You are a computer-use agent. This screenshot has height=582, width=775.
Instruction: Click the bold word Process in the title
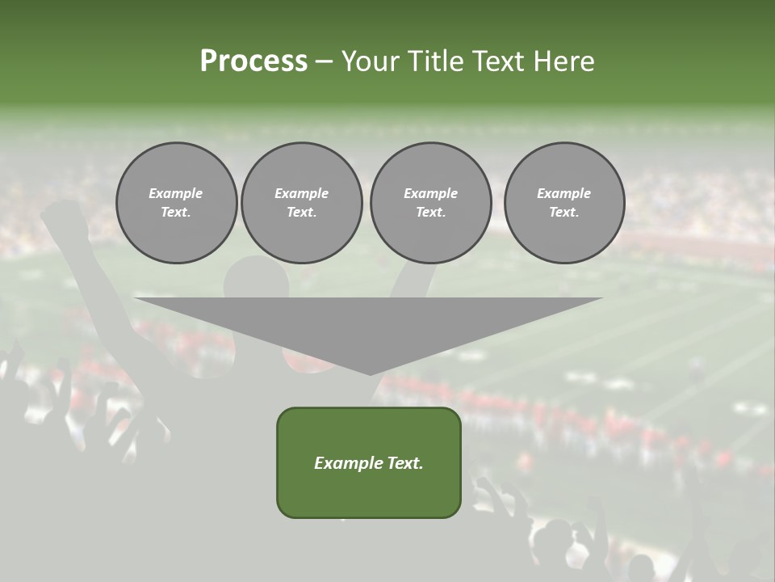point(253,61)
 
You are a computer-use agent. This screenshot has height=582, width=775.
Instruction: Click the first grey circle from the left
point(176,203)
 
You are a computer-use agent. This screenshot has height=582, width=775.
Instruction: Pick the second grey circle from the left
point(301,203)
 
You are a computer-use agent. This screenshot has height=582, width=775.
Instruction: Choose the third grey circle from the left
point(430,203)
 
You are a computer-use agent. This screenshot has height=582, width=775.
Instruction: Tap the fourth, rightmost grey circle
point(563,203)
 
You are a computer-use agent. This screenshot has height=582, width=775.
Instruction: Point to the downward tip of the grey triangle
point(369,373)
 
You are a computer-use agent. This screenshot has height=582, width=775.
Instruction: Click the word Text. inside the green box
point(405,463)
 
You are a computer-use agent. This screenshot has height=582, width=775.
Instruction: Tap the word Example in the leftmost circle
point(176,193)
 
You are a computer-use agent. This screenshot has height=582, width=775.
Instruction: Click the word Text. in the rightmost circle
point(563,213)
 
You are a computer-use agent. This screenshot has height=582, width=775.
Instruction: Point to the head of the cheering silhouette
point(256,279)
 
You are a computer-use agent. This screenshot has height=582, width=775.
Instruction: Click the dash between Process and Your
point(324,61)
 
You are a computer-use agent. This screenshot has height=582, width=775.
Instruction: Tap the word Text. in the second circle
point(301,213)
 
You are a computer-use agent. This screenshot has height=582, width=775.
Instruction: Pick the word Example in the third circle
point(430,193)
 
